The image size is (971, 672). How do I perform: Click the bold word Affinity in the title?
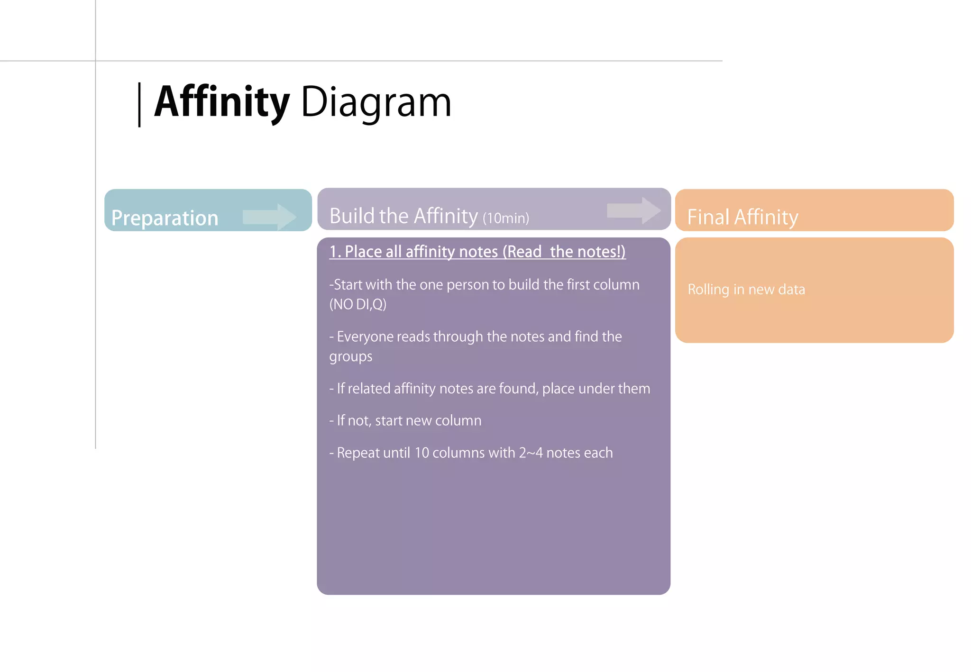tap(222, 102)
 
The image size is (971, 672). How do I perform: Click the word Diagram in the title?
tap(376, 102)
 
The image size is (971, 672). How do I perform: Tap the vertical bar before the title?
tap(139, 105)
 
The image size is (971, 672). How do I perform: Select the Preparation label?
tap(165, 218)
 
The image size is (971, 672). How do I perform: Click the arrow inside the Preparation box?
tap(269, 217)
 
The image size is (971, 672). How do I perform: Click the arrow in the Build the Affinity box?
tap(633, 210)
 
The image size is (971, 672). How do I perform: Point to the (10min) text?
tap(505, 218)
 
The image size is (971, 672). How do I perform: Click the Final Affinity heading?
tap(742, 217)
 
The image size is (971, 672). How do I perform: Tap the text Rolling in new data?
tap(746, 290)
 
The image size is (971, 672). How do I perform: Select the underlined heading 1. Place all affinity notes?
tap(477, 252)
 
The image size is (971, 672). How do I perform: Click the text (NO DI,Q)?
tap(358, 304)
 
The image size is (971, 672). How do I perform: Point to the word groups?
tap(351, 356)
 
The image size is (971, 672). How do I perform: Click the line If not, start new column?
tap(405, 420)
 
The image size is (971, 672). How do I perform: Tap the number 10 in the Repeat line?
tap(421, 453)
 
